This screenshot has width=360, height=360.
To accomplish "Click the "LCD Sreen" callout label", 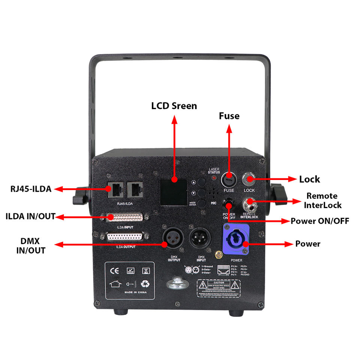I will [174, 106].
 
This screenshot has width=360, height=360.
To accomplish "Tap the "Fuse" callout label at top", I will [229, 116].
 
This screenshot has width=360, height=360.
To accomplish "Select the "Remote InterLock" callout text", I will [322, 201].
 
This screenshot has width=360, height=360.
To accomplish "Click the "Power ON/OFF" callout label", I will [320, 221].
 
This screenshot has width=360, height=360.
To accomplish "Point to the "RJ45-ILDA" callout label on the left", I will [31, 189].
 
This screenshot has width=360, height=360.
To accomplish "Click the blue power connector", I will [236, 238].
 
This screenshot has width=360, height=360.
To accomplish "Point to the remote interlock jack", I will [249, 204].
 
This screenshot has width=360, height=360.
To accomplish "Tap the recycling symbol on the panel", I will [145, 284].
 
